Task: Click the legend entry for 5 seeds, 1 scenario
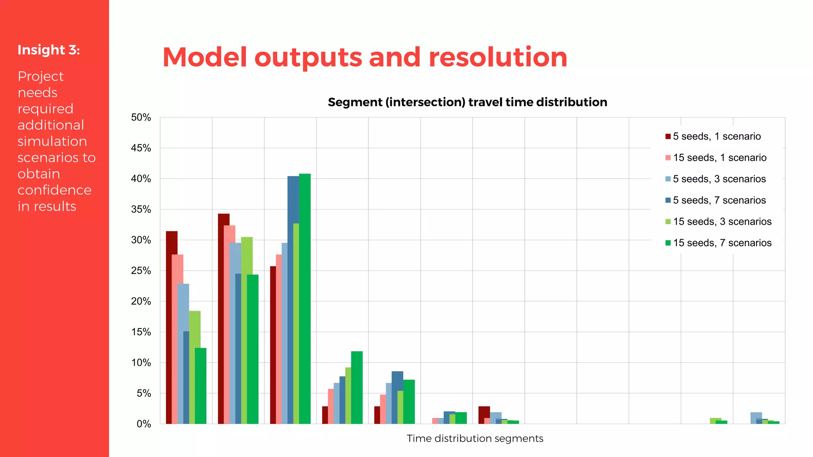click(x=717, y=136)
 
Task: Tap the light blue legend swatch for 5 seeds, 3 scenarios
click(x=668, y=179)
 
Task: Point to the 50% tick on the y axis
click(x=141, y=117)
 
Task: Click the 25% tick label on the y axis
click(x=141, y=271)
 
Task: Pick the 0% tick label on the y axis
click(x=143, y=424)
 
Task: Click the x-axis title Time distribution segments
click(x=475, y=438)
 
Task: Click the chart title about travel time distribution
click(x=467, y=102)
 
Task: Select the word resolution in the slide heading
click(x=498, y=57)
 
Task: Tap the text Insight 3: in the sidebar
click(x=48, y=50)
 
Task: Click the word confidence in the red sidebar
click(x=54, y=190)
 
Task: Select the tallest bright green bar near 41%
click(x=305, y=298)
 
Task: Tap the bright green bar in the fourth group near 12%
click(x=357, y=387)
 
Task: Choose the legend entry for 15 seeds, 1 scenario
click(x=719, y=158)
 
